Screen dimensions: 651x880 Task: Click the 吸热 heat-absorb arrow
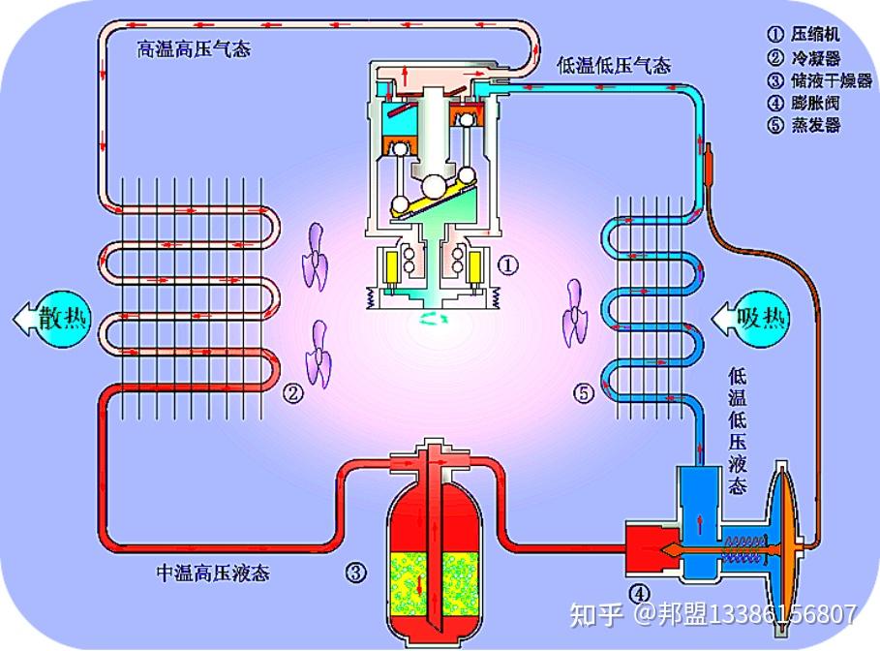(750, 317)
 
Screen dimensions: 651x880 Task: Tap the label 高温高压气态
(193, 48)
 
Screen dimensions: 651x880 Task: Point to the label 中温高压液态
(212, 573)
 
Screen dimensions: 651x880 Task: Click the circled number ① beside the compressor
(508, 263)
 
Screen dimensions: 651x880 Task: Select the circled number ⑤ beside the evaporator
(583, 393)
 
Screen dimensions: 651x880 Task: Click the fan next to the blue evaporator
(574, 313)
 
